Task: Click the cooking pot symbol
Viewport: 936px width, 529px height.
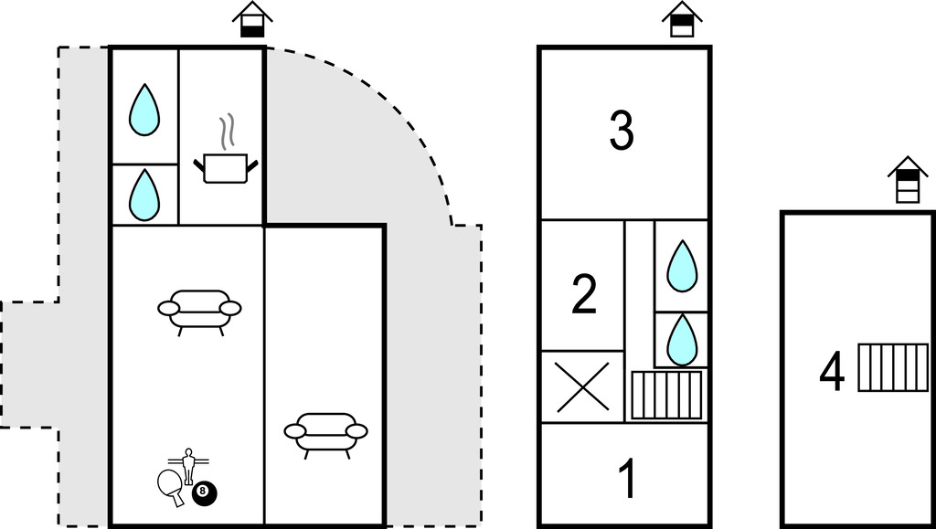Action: (x=225, y=168)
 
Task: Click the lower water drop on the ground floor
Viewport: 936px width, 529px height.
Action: (x=144, y=195)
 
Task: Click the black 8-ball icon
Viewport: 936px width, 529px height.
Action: (x=204, y=494)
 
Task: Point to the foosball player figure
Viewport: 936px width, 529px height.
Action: (x=189, y=463)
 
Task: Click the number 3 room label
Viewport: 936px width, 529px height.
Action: (x=622, y=131)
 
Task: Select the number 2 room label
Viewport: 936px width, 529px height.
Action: (x=584, y=294)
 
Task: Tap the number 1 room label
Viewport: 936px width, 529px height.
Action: (x=627, y=480)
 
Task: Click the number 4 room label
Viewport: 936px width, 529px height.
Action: (x=832, y=373)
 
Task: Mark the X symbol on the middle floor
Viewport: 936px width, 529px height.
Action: (x=582, y=386)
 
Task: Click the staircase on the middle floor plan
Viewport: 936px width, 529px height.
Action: (x=667, y=395)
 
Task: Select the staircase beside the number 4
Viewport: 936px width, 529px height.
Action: (x=893, y=367)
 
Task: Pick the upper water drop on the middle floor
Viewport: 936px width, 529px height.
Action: (x=682, y=266)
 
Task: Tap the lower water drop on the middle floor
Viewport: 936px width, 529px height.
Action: (x=682, y=340)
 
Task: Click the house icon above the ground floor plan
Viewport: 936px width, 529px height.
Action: (x=252, y=19)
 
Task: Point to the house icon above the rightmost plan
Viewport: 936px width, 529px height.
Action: (x=908, y=179)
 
